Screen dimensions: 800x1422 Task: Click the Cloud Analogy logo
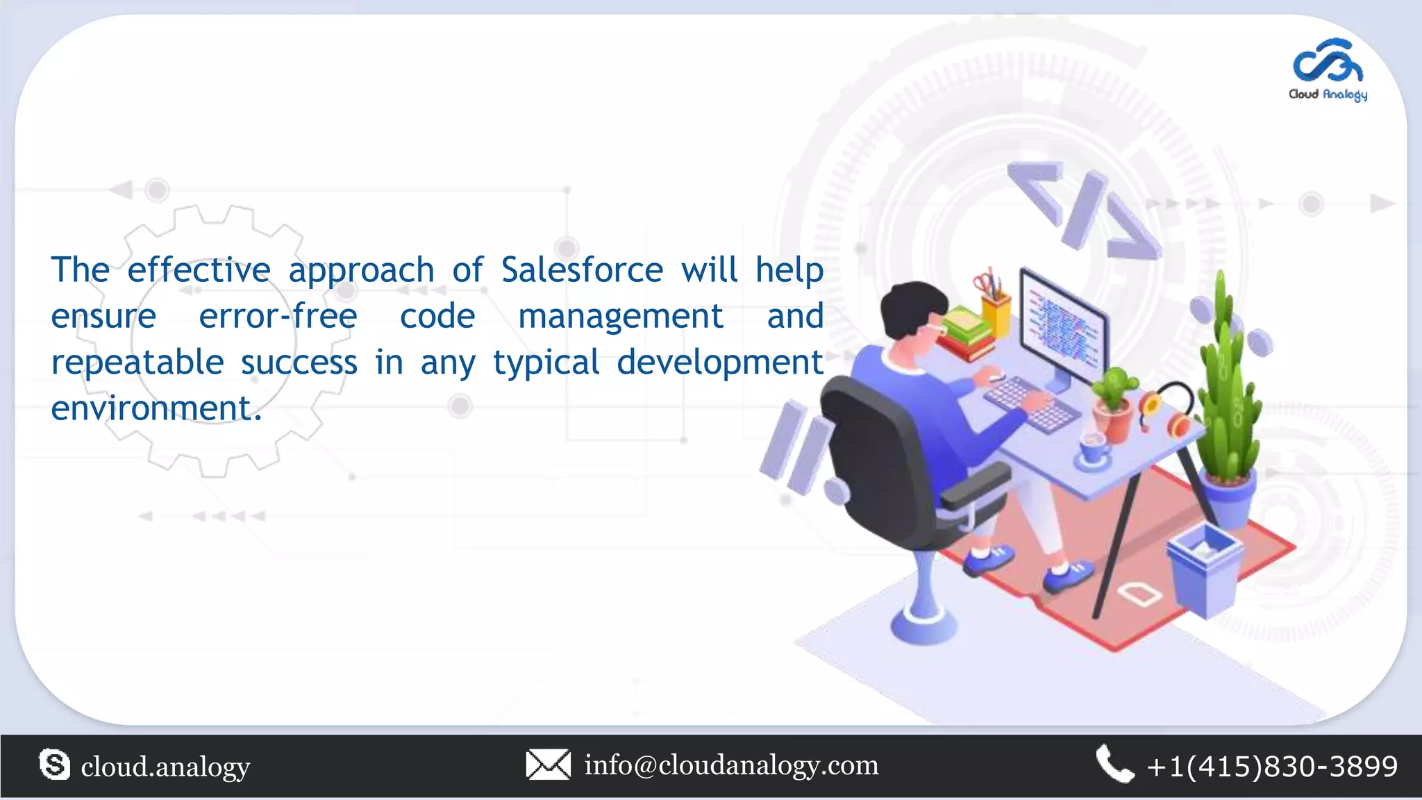point(1328,70)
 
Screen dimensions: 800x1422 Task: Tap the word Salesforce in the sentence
point(582,269)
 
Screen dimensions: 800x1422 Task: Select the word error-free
point(278,316)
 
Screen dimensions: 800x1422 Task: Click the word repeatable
point(137,362)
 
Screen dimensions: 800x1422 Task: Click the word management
point(621,316)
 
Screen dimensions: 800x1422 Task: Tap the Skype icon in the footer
point(55,765)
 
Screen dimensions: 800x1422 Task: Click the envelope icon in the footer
point(548,765)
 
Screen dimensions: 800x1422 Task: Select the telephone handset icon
point(1114,764)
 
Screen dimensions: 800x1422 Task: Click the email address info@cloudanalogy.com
point(731,765)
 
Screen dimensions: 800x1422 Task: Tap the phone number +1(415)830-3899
point(1272,766)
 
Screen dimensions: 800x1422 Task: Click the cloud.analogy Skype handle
point(165,767)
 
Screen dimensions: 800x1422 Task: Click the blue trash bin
point(1205,566)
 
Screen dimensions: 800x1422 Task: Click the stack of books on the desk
point(965,332)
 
